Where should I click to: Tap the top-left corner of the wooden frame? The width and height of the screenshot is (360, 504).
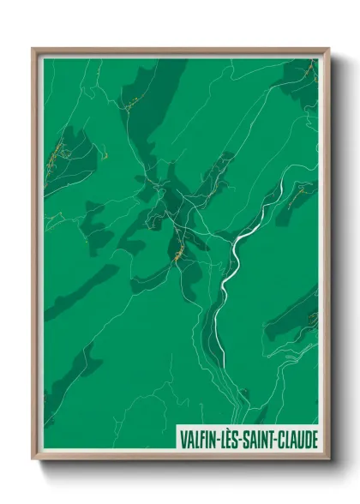click(x=34, y=50)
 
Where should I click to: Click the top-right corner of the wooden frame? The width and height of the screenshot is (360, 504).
click(x=327, y=50)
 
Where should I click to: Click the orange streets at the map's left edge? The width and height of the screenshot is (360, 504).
click(x=53, y=159)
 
